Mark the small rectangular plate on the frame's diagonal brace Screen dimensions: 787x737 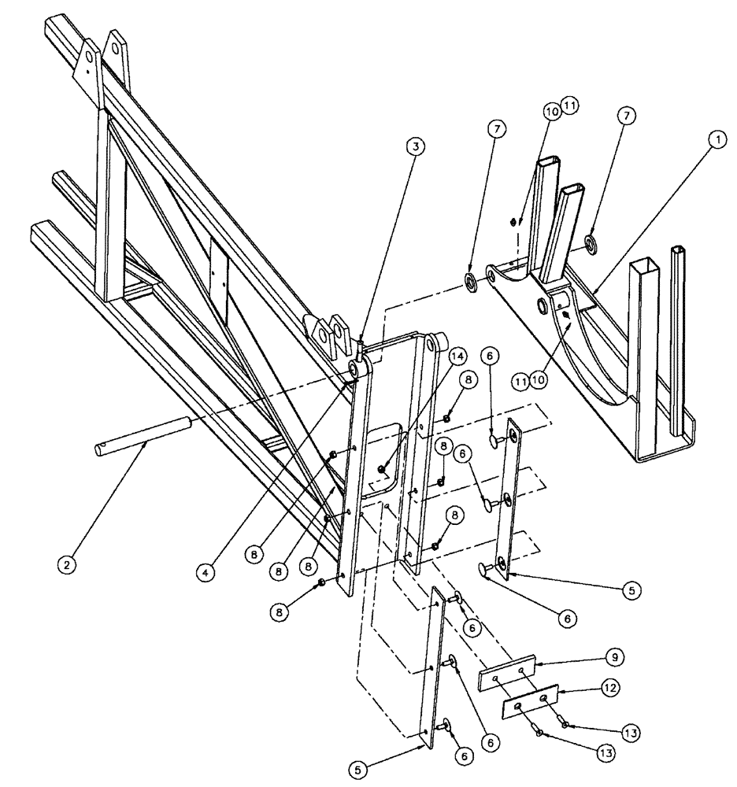pos(218,280)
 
